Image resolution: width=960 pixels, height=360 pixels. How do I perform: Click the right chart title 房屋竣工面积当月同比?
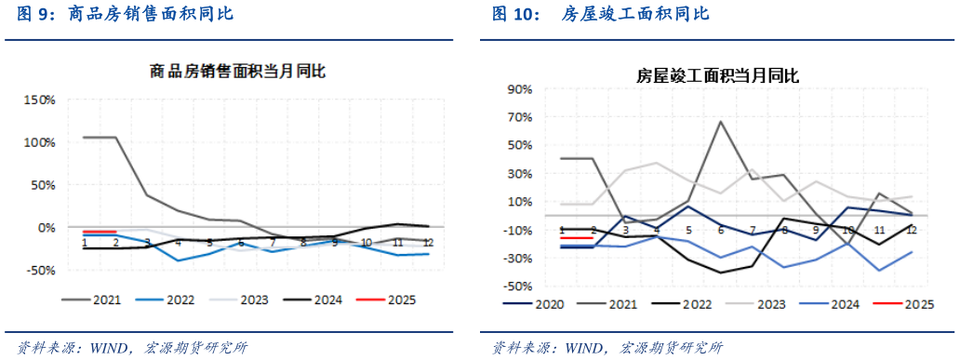(718, 75)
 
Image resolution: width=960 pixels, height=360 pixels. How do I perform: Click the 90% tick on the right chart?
(519, 89)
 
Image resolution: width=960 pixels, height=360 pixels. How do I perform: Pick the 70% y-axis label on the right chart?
(519, 117)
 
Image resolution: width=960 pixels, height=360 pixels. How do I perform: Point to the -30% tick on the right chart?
(517, 259)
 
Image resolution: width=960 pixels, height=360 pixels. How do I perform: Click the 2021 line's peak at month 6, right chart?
(721, 121)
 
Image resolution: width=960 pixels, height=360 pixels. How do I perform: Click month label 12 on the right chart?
(913, 230)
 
